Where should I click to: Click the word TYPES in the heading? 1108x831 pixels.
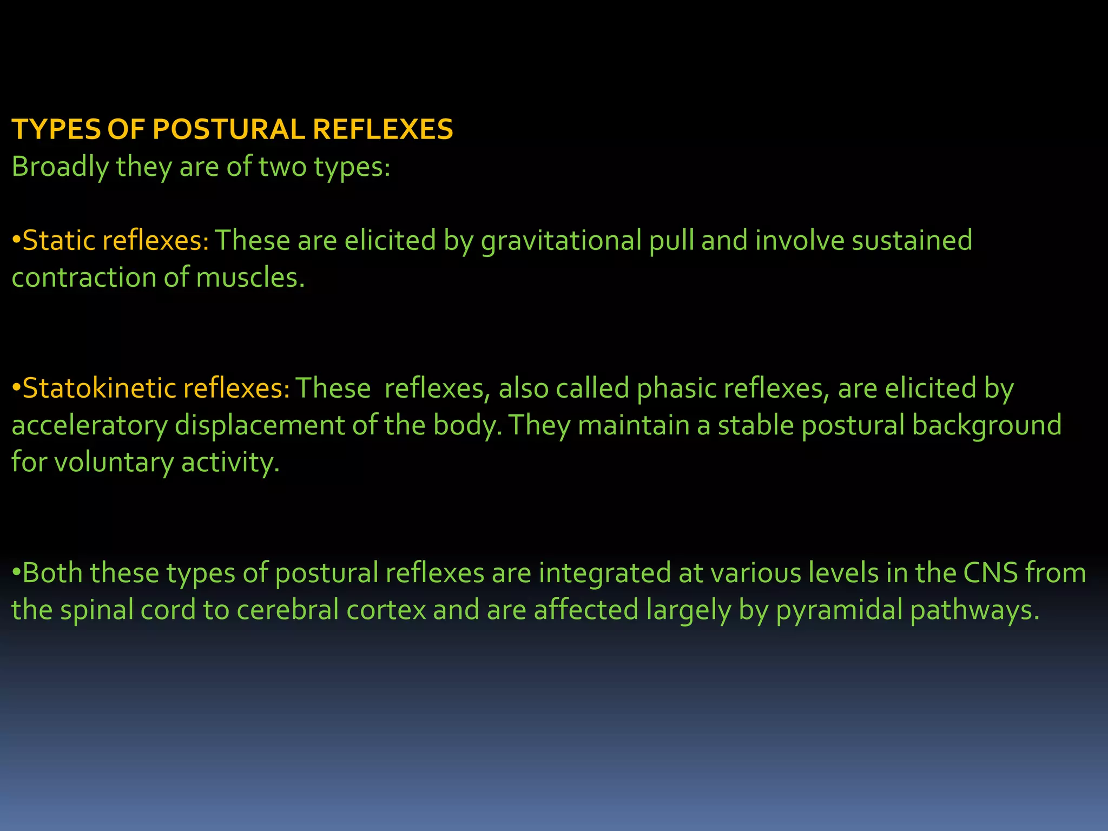(56, 130)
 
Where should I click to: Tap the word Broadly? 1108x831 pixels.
(60, 167)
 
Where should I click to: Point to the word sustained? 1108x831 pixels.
(912, 240)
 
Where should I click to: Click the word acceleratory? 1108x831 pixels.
(89, 426)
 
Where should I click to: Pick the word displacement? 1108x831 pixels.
(260, 426)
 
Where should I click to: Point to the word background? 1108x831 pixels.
(986, 426)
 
